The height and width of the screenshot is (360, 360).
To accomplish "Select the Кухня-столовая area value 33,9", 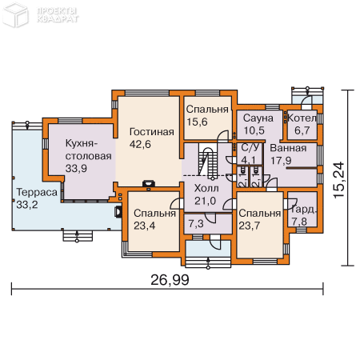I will point(79,169).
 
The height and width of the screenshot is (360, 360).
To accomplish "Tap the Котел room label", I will point(303,118).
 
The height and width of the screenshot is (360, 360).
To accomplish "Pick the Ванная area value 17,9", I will point(282,159).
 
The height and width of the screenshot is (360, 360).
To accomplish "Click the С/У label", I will point(249,148).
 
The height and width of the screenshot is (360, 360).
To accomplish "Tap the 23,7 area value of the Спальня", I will point(258,226).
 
